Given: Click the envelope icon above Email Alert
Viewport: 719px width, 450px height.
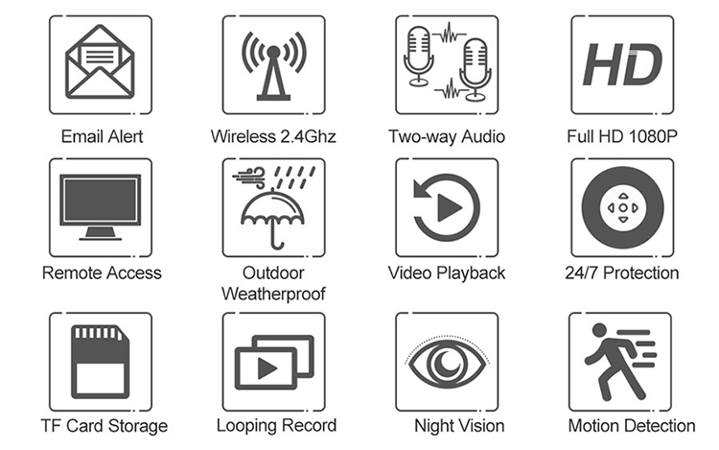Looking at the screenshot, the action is click(100, 62).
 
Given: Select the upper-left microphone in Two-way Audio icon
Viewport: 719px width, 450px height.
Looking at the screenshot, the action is click(418, 56).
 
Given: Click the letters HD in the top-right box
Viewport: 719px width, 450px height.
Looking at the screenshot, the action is click(622, 64).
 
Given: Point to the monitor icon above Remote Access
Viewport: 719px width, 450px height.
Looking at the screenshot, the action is click(100, 207).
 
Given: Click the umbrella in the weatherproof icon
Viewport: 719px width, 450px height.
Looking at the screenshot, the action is click(273, 220).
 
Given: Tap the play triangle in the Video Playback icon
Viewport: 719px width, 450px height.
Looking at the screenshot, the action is click(450, 208).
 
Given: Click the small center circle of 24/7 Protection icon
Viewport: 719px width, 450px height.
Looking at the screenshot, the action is click(623, 208).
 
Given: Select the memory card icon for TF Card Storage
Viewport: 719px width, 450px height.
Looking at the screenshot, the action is click(100, 362).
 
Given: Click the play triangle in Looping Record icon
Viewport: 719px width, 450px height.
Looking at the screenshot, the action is click(267, 367).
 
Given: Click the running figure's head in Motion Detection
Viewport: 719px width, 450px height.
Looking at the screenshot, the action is click(599, 330).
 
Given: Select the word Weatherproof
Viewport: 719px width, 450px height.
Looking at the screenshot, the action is click(273, 294).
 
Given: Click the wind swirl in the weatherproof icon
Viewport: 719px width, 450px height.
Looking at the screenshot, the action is click(249, 178).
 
